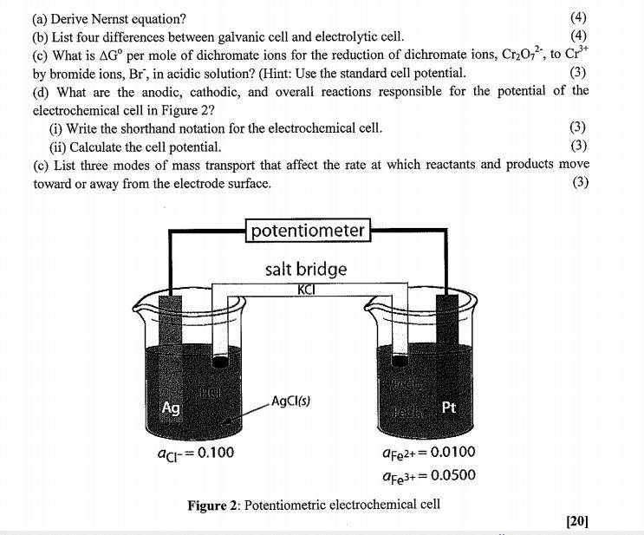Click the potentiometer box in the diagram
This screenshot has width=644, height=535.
pyautogui.click(x=309, y=231)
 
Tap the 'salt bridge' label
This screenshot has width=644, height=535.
pyautogui.click(x=306, y=269)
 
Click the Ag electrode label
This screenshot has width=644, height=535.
pyautogui.click(x=172, y=408)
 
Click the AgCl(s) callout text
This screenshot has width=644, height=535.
pyautogui.click(x=290, y=401)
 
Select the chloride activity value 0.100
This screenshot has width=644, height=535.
pyautogui.click(x=211, y=453)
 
